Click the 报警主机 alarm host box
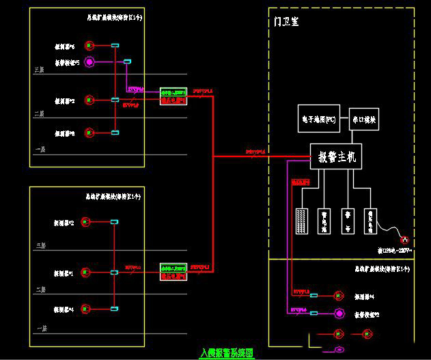tap(336, 157)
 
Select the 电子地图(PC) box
tap(319, 120)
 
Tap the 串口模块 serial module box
tap(364, 120)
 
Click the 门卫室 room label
tap(286, 22)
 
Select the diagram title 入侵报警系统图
tap(226, 353)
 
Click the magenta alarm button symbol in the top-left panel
tap(89, 63)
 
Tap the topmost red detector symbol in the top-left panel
tap(89, 46)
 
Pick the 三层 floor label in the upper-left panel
tap(39, 70)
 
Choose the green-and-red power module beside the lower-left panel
tap(173, 271)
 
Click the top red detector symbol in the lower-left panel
tap(86, 221)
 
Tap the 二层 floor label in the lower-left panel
tap(40, 290)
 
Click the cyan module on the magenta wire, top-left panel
tap(127, 63)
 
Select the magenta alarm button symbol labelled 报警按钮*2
tap(338, 314)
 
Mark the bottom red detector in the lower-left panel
tap(85, 309)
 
